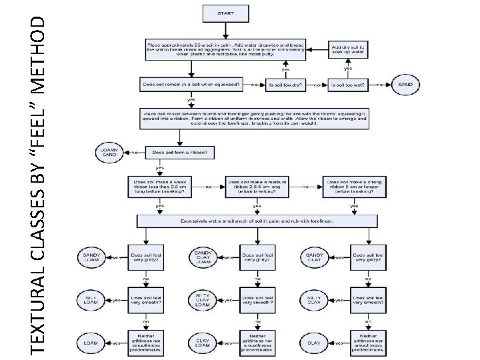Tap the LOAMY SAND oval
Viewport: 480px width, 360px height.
(x=111, y=152)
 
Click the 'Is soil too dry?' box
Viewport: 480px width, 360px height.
(x=287, y=85)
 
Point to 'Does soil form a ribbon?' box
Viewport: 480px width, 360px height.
(x=180, y=153)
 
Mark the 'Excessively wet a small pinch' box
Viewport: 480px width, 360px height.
(x=257, y=220)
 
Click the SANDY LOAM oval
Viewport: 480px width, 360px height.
(x=92, y=257)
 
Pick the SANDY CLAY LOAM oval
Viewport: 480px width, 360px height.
(x=203, y=257)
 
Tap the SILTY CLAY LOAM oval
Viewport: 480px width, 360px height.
(x=203, y=299)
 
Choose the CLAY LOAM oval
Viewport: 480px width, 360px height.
(x=203, y=343)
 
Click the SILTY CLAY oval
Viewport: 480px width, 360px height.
(x=313, y=299)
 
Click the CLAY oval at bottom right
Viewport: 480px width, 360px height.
(x=313, y=343)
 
